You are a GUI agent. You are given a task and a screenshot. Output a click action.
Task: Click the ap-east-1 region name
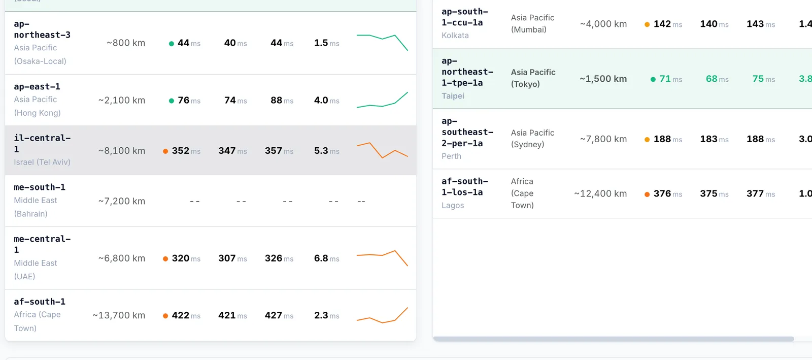coord(37,87)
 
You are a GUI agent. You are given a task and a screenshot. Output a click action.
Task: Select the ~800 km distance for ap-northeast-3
coord(126,43)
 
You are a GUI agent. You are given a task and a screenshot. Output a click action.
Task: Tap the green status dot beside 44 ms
coord(172,44)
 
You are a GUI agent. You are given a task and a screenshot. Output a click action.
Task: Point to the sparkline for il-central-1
coord(382,150)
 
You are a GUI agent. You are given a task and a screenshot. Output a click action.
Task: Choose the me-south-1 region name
coord(40,187)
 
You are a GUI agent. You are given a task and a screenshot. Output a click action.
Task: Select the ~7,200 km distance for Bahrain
coord(121,201)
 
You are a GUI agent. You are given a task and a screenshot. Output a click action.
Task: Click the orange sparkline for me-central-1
coord(382,258)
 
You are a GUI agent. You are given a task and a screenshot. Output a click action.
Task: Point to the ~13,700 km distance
coord(119,315)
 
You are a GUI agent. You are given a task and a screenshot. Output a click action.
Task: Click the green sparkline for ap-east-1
coord(382,100)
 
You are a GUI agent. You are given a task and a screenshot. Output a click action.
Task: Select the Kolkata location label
coord(455,35)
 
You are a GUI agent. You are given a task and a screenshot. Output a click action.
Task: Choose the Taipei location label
coord(453,95)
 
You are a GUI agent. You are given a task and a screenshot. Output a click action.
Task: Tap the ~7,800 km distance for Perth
coord(603,139)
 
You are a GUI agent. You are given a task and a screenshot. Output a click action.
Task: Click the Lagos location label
coord(453,205)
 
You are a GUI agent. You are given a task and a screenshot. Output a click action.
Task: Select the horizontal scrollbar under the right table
coord(614,339)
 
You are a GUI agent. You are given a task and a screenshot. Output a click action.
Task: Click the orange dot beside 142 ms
coord(647,25)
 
